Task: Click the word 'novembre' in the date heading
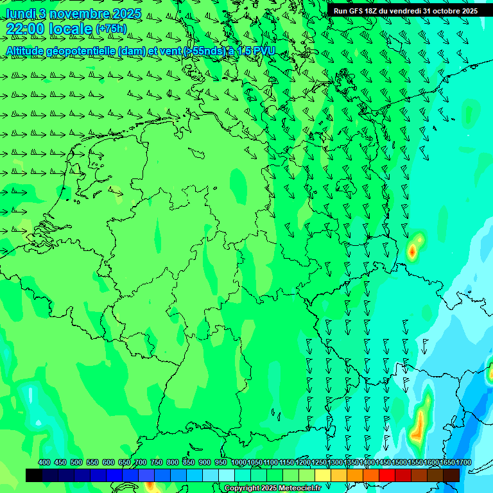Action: coord(80,13)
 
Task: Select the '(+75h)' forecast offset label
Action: coord(110,29)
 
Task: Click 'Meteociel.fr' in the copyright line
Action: coord(299,489)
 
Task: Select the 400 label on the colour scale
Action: coord(44,462)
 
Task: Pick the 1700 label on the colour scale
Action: coord(463,462)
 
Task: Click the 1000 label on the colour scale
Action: coord(238,462)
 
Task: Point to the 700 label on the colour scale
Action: coord(141,462)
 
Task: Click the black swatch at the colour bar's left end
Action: coord(34,475)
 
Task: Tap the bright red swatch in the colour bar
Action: coord(386,475)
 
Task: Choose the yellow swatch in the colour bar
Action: coord(322,475)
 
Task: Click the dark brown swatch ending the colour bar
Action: coord(451,475)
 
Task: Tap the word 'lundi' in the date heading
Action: coord(19,13)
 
